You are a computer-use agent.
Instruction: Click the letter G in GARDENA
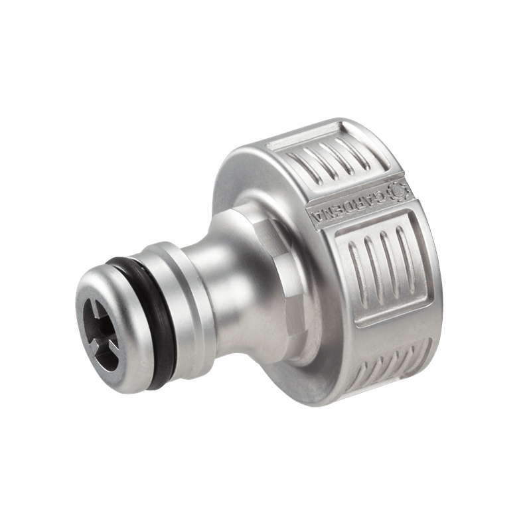coord(380,196)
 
